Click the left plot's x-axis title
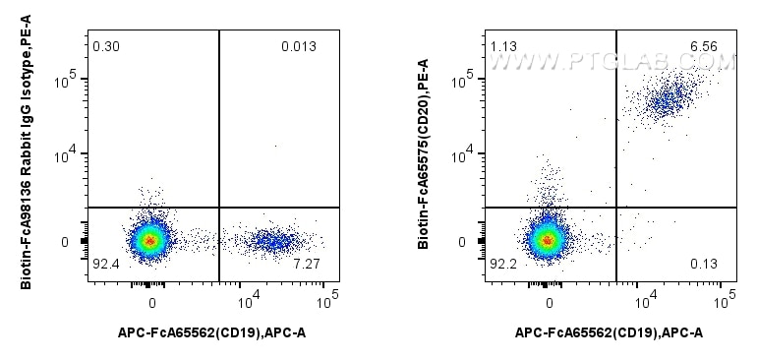[x=212, y=333]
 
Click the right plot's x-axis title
[x=610, y=333]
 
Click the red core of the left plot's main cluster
[x=149, y=240]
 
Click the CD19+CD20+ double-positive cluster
[x=670, y=98]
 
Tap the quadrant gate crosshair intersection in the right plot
[x=616, y=208]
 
